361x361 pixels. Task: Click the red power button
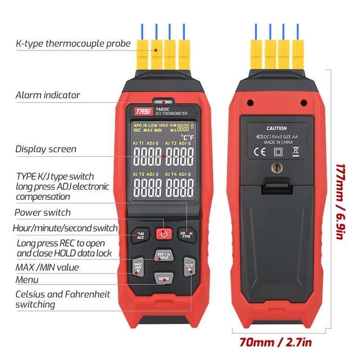tap(164, 234)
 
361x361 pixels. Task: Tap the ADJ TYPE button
tap(186, 235)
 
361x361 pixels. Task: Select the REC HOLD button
tap(164, 256)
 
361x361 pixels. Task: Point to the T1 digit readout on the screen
tap(147, 157)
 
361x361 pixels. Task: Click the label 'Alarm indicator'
tap(48, 95)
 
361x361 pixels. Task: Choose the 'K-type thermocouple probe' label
tap(73, 44)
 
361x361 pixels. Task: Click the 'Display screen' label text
tap(46, 149)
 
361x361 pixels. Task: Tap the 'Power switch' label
tap(42, 212)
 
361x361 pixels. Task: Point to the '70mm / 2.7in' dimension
tap(276, 343)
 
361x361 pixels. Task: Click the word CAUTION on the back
tap(276, 129)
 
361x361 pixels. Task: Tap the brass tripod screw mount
tap(276, 168)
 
